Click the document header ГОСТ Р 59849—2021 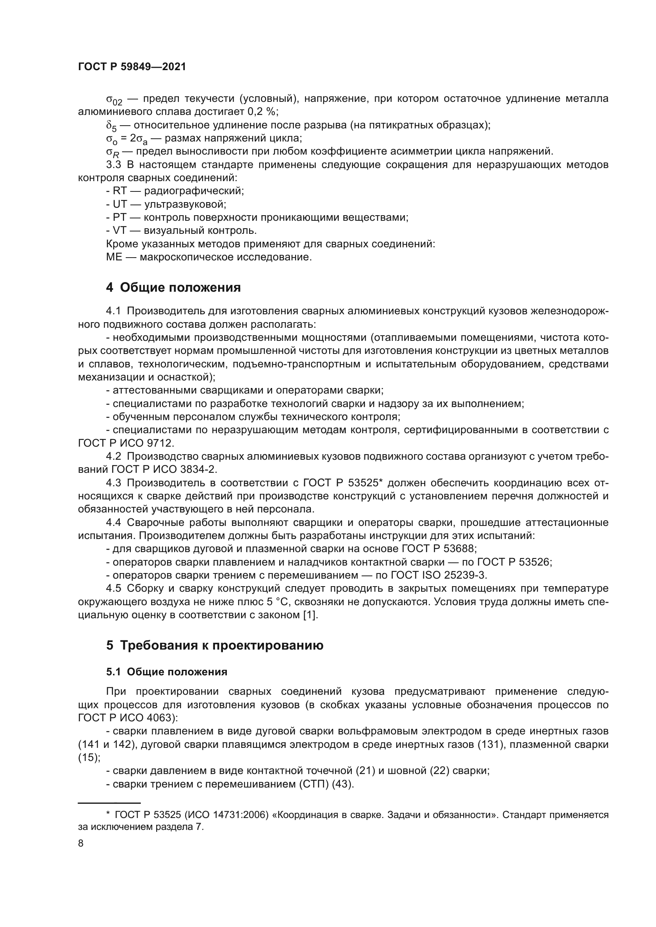coord(132,67)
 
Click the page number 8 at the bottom coord(81,843)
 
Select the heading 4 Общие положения coord(173,288)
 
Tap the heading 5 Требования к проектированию coord(215,646)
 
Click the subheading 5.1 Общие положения coord(167,672)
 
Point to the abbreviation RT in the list coord(119,191)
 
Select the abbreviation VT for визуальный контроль coord(119,231)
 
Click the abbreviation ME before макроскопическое coord(114,257)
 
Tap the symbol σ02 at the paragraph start coord(114,100)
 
